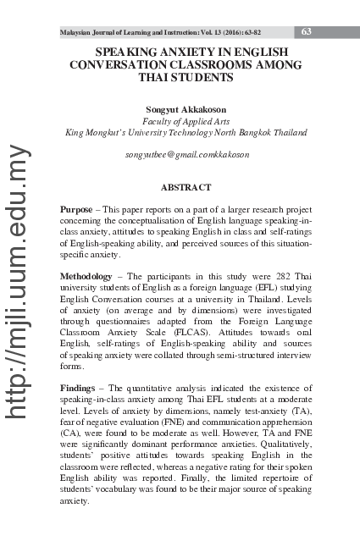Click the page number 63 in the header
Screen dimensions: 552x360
point(306,32)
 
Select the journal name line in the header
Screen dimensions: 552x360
point(172,33)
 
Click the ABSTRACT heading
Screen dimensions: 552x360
point(186,186)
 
